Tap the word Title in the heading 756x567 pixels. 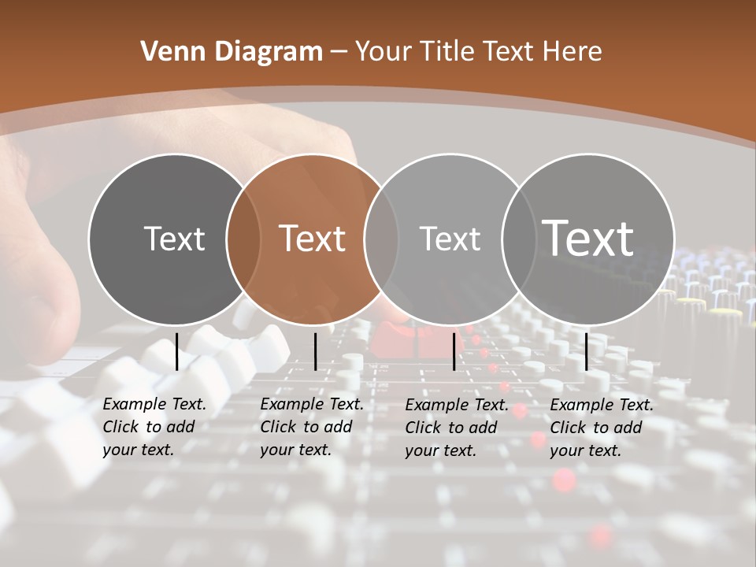(x=447, y=52)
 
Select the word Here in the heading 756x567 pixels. (x=572, y=52)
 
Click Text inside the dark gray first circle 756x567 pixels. (x=174, y=239)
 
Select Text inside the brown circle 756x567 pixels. (x=312, y=239)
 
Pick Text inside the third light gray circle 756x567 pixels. (x=450, y=239)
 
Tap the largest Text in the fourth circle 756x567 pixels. (x=587, y=238)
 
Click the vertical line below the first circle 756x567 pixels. (x=176, y=351)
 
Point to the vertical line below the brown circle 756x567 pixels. (x=315, y=351)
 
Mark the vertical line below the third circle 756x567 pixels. (x=454, y=351)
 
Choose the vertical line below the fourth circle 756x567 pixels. (x=586, y=351)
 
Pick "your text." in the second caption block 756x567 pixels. (x=295, y=450)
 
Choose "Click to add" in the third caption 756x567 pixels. (x=451, y=428)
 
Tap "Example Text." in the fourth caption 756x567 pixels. (x=602, y=405)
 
